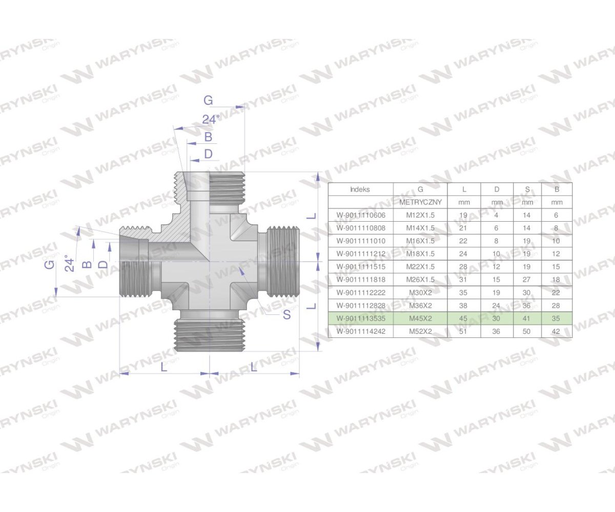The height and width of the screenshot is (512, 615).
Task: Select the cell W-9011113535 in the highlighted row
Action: pos(361,318)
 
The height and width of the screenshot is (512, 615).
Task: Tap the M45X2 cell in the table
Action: pos(420,318)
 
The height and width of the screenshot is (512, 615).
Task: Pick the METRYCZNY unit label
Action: pos(420,202)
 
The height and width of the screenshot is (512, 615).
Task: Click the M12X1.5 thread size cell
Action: pos(420,215)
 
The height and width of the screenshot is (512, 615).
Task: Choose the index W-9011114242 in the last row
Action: pos(361,331)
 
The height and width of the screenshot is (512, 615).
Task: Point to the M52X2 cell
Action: pos(420,331)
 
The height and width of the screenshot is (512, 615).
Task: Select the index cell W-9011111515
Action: pos(361,267)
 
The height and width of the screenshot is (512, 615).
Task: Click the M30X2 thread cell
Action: pos(420,293)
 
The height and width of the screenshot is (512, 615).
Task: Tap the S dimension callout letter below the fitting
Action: pos(286,315)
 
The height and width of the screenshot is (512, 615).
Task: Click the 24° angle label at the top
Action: pos(210,120)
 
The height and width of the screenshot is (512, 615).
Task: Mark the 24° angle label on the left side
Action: pos(70,263)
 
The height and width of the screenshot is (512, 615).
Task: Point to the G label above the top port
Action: pos(208,100)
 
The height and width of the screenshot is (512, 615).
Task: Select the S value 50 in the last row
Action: pos(527,331)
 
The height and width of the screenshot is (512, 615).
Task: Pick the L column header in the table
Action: pos(464,189)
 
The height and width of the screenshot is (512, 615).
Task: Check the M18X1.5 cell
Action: pos(420,254)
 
